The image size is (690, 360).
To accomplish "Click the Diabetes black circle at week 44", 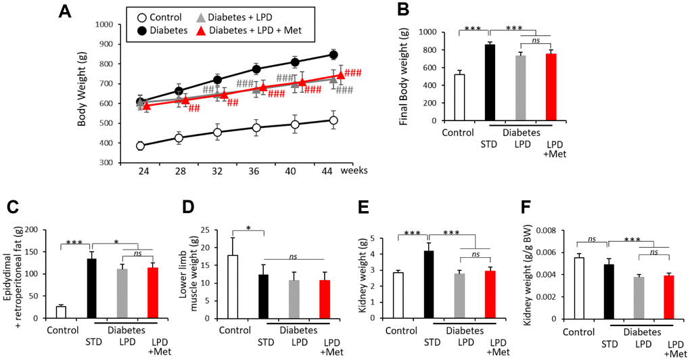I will [333, 55].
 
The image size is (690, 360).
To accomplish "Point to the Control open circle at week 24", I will [140, 145].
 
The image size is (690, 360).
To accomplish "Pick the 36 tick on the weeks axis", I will [256, 171].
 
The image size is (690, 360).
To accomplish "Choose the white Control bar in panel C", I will [61, 311].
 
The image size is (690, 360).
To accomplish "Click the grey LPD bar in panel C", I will [122, 292].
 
